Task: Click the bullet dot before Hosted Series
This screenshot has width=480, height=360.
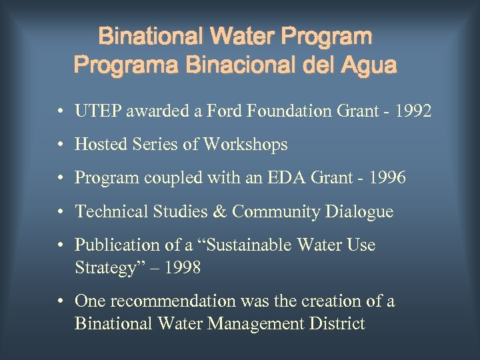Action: (61, 145)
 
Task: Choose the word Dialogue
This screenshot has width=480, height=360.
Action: (360, 212)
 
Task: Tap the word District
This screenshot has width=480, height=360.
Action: (340, 324)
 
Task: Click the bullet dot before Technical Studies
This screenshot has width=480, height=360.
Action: (61, 212)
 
